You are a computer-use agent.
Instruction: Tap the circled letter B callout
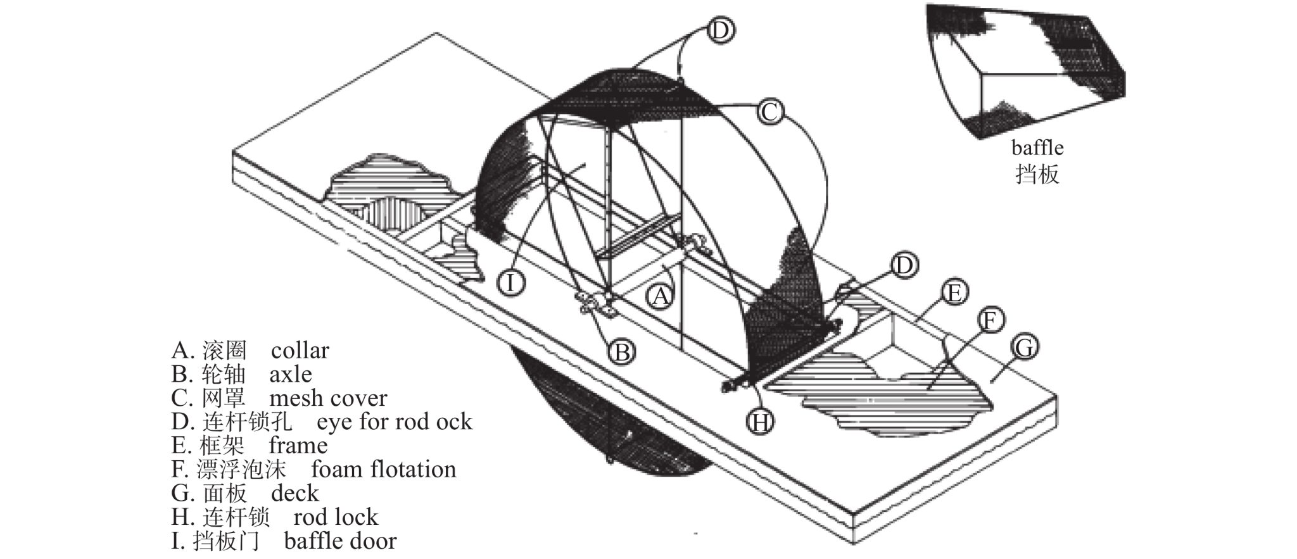623,352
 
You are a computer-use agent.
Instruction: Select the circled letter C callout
769,113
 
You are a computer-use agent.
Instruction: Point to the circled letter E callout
954,293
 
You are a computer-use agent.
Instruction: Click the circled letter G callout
1024,348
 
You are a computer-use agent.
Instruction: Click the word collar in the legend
300,350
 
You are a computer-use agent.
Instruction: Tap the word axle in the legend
291,374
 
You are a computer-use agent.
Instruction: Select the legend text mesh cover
328,398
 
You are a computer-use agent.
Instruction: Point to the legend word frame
298,446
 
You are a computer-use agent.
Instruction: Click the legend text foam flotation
384,470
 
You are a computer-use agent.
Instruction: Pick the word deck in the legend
294,493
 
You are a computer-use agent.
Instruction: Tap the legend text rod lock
336,517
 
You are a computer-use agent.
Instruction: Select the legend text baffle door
340,541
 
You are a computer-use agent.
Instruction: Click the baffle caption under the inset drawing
1037,148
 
